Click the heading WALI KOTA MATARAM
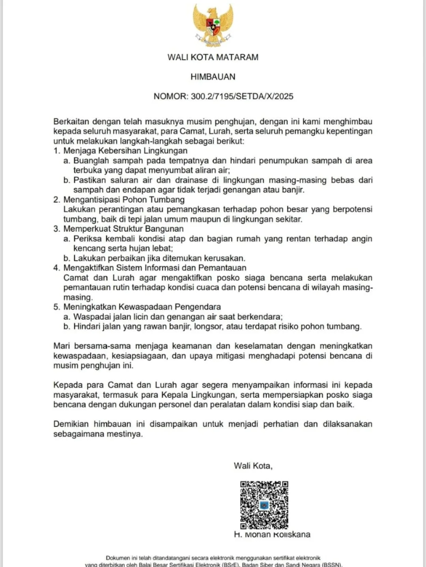[x=213, y=57]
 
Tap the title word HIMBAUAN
[x=213, y=77]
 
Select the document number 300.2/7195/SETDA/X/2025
[x=242, y=97]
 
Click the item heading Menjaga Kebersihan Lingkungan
[x=125, y=151]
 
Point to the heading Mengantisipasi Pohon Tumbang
[x=124, y=199]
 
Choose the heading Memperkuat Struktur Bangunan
[x=123, y=229]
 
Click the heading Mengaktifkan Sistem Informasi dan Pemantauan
[x=155, y=268]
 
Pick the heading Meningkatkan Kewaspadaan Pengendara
[x=142, y=307]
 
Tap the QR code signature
[x=264, y=505]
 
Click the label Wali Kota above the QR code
[x=253, y=466]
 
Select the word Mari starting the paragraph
[x=62, y=346]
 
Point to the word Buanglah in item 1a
[x=91, y=160]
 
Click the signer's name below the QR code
[x=272, y=535]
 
